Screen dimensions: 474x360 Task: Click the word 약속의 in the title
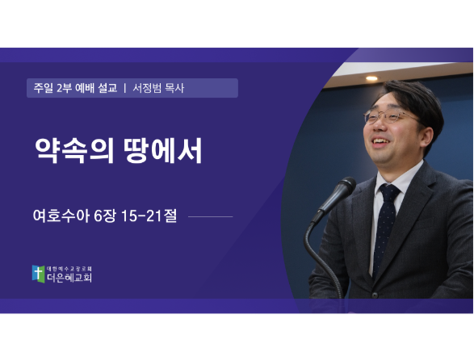(x=74, y=150)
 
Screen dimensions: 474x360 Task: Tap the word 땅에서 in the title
(x=163, y=150)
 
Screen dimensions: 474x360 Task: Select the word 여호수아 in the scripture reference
(x=61, y=216)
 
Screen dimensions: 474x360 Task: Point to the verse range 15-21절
(x=149, y=216)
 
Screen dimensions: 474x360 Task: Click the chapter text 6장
(x=105, y=216)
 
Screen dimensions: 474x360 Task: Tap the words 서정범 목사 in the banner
(x=158, y=88)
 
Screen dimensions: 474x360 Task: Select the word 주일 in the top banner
(x=44, y=88)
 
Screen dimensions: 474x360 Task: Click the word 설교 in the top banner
(x=107, y=88)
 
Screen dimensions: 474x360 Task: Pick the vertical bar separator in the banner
(x=125, y=88)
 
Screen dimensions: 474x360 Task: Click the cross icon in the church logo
(x=39, y=274)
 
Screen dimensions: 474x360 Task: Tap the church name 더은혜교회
(x=69, y=278)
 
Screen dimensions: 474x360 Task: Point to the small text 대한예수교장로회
(x=69, y=269)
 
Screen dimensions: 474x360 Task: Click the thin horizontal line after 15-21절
(x=211, y=216)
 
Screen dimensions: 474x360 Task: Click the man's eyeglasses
(x=390, y=117)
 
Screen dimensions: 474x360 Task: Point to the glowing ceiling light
(x=371, y=78)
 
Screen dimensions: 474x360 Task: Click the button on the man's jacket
(x=375, y=294)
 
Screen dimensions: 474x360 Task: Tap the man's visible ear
(x=427, y=137)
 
